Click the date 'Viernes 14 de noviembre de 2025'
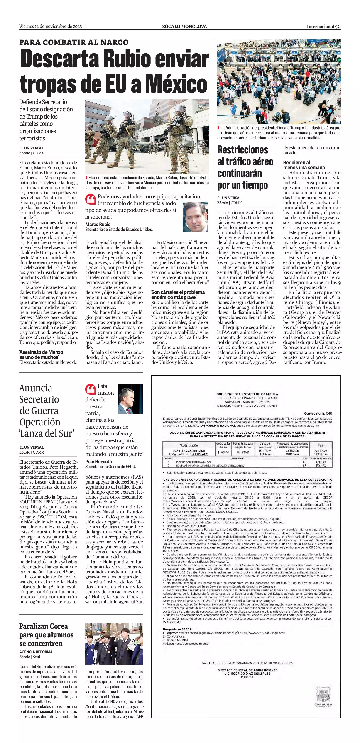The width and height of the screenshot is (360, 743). [51, 27]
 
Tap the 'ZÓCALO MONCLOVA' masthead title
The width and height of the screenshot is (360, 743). [184, 27]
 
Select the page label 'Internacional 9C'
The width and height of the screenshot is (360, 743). [323, 27]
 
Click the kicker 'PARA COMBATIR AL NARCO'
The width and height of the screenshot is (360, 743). [74, 42]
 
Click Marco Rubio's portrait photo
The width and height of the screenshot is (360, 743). [195, 217]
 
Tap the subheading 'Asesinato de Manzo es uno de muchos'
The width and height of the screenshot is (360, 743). [41, 354]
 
